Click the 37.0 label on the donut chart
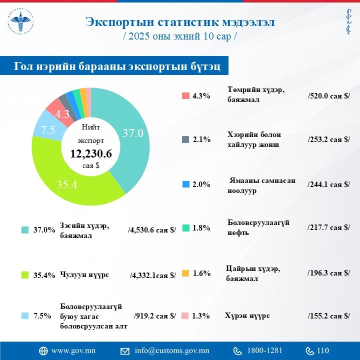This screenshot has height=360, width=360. [x=133, y=133]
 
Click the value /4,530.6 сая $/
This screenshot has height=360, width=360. [x=152, y=230]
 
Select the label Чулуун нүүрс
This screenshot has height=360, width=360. [x=84, y=275]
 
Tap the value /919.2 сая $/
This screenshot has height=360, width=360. [x=155, y=315]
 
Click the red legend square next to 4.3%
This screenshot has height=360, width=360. [x=185, y=96]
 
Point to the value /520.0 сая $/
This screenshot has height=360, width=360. [x=328, y=95]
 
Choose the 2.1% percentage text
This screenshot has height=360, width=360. [x=201, y=140]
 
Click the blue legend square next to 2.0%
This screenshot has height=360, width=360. [x=185, y=184]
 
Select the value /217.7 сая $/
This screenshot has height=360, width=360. [x=328, y=227]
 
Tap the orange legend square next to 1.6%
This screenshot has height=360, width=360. [x=185, y=273]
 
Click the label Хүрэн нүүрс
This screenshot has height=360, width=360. [x=247, y=315]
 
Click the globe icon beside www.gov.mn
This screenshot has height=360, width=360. [x=43, y=350]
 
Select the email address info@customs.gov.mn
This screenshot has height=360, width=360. [x=172, y=350]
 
